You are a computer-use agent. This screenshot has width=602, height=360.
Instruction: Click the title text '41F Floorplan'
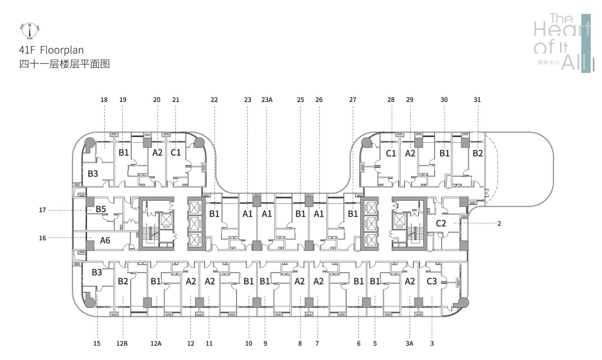(x=51, y=50)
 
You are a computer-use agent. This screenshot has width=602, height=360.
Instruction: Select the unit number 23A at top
(x=267, y=100)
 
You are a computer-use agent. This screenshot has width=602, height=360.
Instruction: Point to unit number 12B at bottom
(x=122, y=344)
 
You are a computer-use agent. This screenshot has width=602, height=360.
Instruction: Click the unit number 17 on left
(x=42, y=210)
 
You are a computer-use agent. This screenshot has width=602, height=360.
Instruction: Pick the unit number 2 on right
(x=499, y=224)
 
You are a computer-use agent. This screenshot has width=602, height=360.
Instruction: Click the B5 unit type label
(x=101, y=209)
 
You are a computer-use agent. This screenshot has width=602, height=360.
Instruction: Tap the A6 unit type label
(x=105, y=240)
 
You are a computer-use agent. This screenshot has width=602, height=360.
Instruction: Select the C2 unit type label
(x=441, y=224)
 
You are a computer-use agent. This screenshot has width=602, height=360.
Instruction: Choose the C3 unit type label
(x=432, y=282)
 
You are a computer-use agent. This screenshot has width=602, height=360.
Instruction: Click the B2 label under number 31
(x=478, y=153)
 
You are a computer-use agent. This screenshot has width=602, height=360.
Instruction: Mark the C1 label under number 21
(x=175, y=152)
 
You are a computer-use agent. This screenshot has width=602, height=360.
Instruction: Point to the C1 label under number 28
(x=391, y=153)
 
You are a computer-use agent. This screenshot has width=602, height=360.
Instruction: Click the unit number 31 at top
(x=478, y=100)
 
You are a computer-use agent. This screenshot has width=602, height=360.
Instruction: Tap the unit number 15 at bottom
(x=97, y=344)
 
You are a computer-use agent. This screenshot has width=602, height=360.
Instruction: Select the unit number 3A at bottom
(x=409, y=344)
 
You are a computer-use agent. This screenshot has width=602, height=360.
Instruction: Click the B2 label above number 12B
(x=123, y=282)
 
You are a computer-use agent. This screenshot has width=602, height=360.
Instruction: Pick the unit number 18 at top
(x=104, y=100)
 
